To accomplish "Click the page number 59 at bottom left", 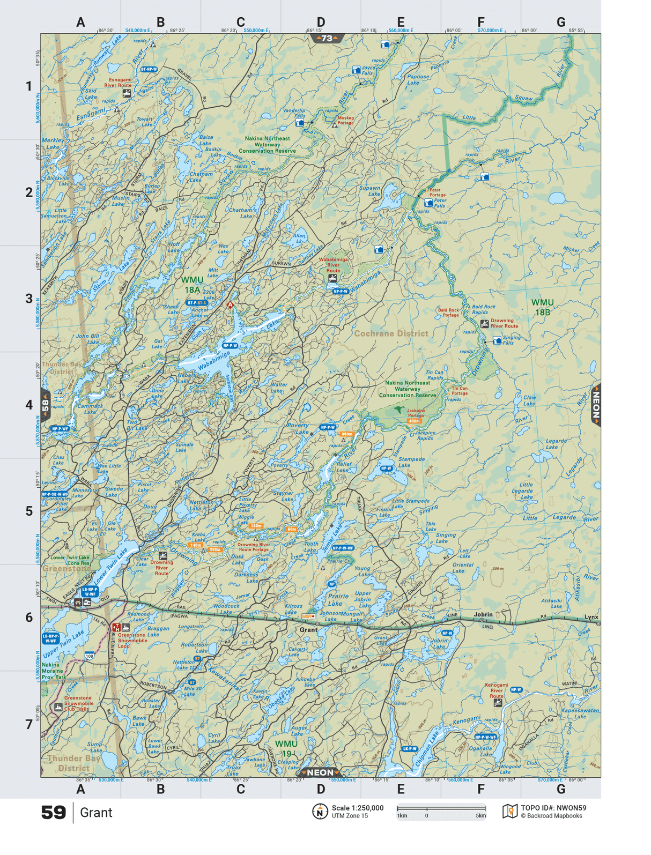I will click(53, 812).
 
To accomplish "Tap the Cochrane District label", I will click(391, 333).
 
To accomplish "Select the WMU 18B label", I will click(542, 307).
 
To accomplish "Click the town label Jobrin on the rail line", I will click(483, 614).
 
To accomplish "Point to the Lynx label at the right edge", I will click(591, 617).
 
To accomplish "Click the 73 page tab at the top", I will click(327, 39).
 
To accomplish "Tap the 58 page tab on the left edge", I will click(46, 405).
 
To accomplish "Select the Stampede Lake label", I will click(411, 462).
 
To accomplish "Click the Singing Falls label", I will click(511, 340).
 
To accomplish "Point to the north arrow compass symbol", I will click(320, 812).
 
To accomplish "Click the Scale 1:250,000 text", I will click(357, 808).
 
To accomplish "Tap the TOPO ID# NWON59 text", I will click(553, 808).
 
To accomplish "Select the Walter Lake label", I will click(279, 387).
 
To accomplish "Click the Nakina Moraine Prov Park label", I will click(54, 671).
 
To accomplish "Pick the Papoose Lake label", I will click(418, 79).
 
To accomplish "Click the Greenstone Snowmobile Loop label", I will click(132, 640).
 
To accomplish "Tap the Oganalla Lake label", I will click(480, 752).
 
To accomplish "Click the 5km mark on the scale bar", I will click(481, 816).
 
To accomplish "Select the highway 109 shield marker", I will click(89, 656).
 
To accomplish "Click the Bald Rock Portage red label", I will click(448, 313).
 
